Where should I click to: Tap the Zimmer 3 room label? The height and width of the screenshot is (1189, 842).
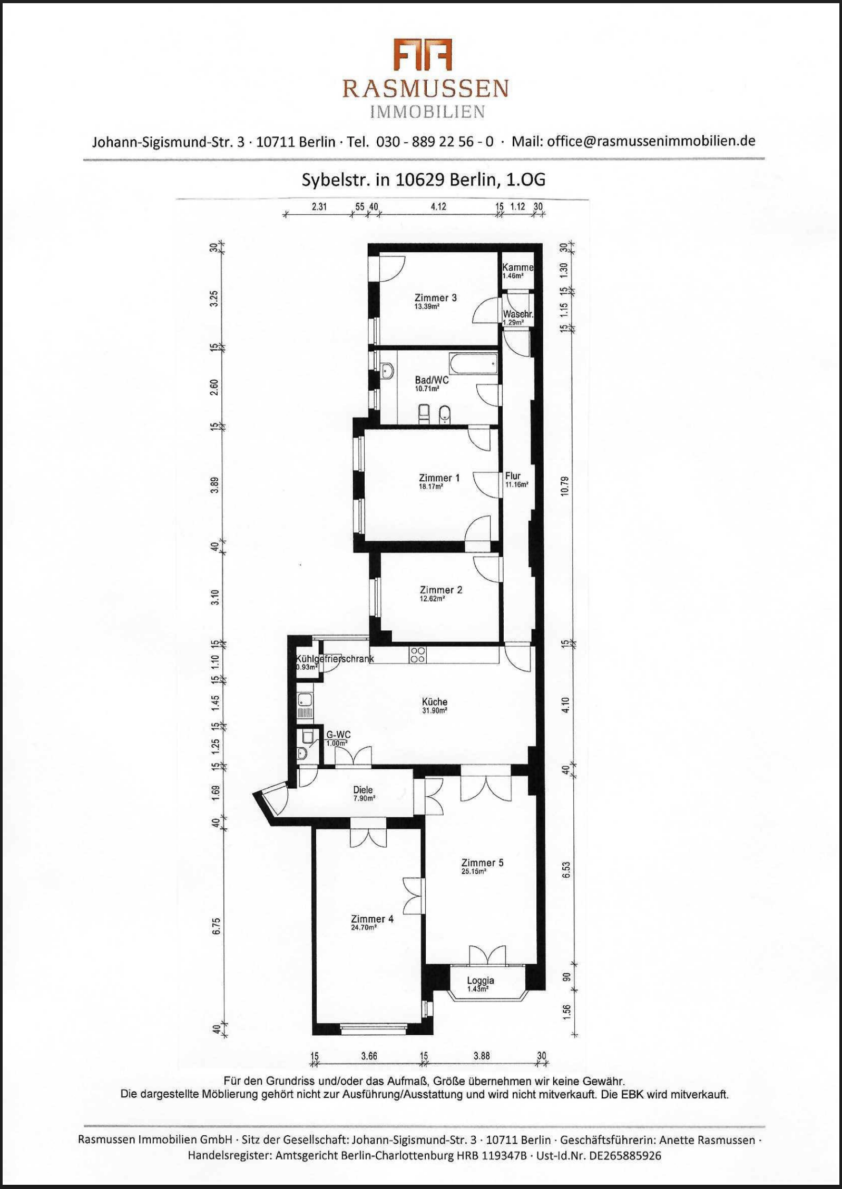click(x=435, y=298)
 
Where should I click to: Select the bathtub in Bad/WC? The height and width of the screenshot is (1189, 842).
click(x=473, y=364)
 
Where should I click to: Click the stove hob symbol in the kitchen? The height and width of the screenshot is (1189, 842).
click(x=417, y=655)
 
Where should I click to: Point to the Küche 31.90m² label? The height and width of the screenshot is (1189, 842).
click(x=435, y=705)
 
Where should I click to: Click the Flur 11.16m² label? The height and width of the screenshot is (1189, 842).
click(x=516, y=480)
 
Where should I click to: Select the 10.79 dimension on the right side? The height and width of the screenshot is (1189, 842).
click(x=565, y=485)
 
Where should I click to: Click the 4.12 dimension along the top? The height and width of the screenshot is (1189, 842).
click(x=438, y=206)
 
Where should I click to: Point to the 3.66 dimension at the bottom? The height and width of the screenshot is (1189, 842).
click(x=369, y=1056)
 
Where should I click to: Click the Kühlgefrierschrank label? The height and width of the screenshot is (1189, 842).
click(x=335, y=659)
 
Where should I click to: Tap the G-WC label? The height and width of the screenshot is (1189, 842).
click(x=338, y=735)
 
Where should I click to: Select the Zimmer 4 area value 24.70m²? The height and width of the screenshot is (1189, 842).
click(x=364, y=927)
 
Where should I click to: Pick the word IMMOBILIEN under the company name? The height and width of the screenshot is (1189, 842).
click(x=427, y=112)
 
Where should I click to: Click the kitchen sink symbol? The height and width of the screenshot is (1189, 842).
click(x=305, y=700)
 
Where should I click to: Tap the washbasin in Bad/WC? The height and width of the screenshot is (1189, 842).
click(x=387, y=371)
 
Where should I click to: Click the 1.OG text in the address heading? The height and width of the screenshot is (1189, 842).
click(x=525, y=180)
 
